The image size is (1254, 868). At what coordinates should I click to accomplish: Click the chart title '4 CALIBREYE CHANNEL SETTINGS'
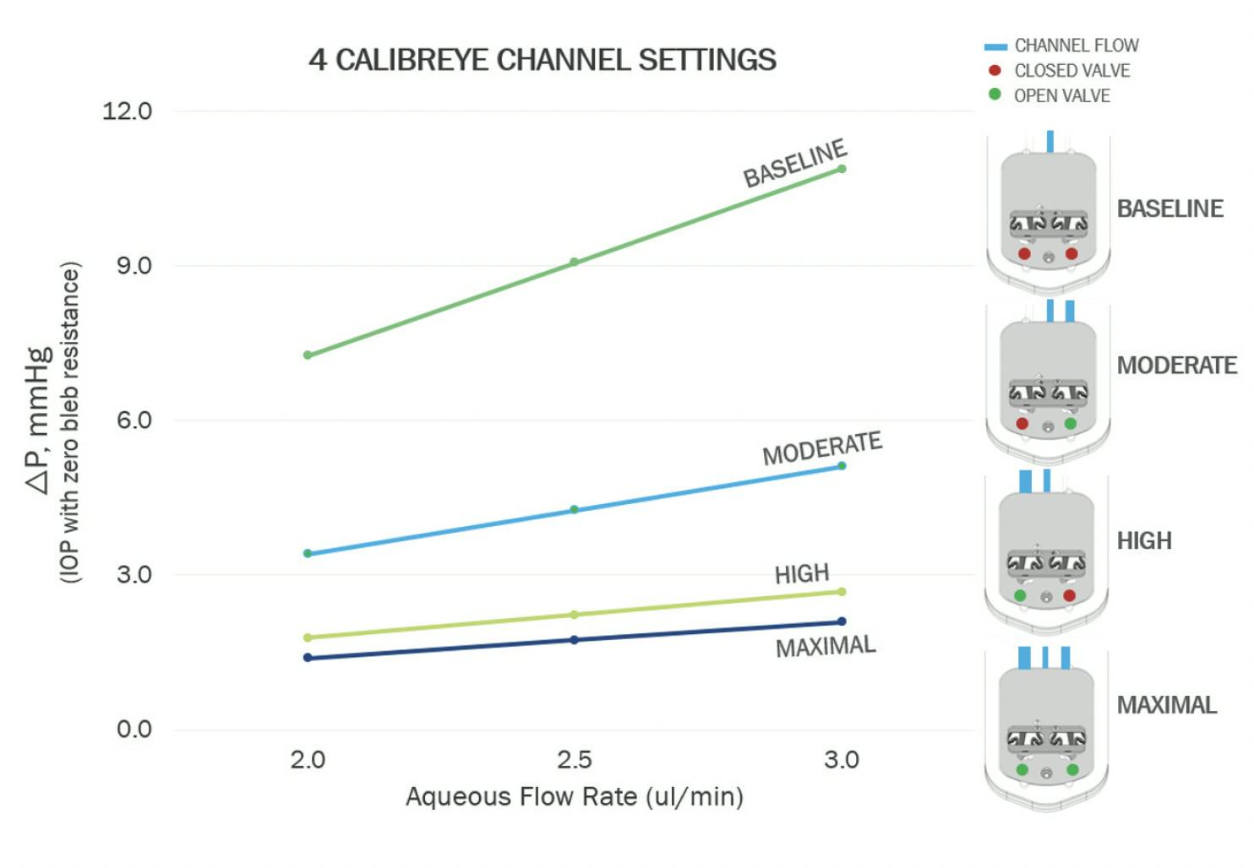[542, 60]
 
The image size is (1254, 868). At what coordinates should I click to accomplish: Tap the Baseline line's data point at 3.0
[842, 169]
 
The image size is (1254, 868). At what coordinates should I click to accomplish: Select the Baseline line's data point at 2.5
[574, 262]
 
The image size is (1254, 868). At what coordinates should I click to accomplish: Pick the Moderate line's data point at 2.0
[308, 554]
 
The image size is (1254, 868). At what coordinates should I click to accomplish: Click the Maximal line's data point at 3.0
[842, 621]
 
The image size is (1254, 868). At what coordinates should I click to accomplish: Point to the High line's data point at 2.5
[574, 615]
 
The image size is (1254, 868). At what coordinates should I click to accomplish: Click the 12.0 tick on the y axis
[127, 111]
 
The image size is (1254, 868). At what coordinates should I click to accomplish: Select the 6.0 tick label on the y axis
[134, 420]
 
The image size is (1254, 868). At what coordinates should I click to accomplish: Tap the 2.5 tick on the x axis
[574, 760]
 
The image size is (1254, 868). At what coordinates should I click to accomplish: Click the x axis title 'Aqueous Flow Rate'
[574, 796]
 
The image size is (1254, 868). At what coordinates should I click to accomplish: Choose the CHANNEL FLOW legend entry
[1076, 46]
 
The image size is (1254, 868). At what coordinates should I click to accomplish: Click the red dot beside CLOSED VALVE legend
[995, 70]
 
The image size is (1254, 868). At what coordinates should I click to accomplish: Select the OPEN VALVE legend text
[1061, 95]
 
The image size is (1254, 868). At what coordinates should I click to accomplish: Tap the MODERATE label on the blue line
[821, 448]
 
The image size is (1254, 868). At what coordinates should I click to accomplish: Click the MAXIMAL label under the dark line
[826, 647]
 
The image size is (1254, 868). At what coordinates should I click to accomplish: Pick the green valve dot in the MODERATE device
[1071, 423]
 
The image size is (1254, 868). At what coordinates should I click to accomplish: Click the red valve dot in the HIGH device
[1069, 596]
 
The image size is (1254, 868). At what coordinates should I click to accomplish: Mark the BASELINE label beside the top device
[1169, 209]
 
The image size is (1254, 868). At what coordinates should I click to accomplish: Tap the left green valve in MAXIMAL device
[1022, 770]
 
